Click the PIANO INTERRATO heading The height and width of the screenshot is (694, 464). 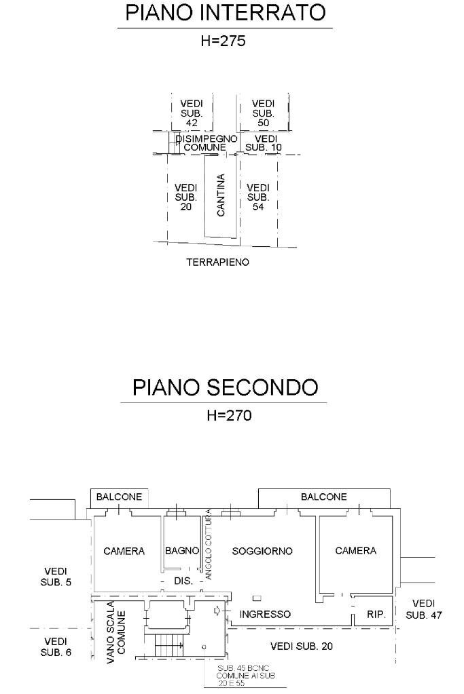click(x=225, y=13)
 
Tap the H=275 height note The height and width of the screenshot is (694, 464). click(x=223, y=41)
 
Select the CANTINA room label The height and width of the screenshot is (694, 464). click(x=221, y=195)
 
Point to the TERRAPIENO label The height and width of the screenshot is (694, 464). click(x=217, y=262)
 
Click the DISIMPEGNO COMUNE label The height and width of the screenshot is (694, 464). click(x=206, y=142)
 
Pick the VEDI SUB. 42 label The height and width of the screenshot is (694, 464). click(x=191, y=113)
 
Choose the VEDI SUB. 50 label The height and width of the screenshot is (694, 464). click(x=263, y=113)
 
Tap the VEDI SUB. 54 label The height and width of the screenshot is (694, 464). click(x=258, y=197)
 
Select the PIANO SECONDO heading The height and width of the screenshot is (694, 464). click(x=225, y=387)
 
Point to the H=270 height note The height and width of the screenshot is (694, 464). click(x=229, y=415)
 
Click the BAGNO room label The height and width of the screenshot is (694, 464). click(x=182, y=551)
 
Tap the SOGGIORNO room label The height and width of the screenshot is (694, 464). click(x=262, y=551)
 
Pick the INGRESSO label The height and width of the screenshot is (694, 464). click(x=266, y=614)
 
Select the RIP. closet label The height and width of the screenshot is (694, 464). click(x=376, y=615)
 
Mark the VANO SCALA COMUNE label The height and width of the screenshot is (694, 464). click(x=115, y=631)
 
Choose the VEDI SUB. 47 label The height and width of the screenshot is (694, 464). click(x=424, y=609)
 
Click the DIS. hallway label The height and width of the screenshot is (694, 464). click(x=183, y=581)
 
